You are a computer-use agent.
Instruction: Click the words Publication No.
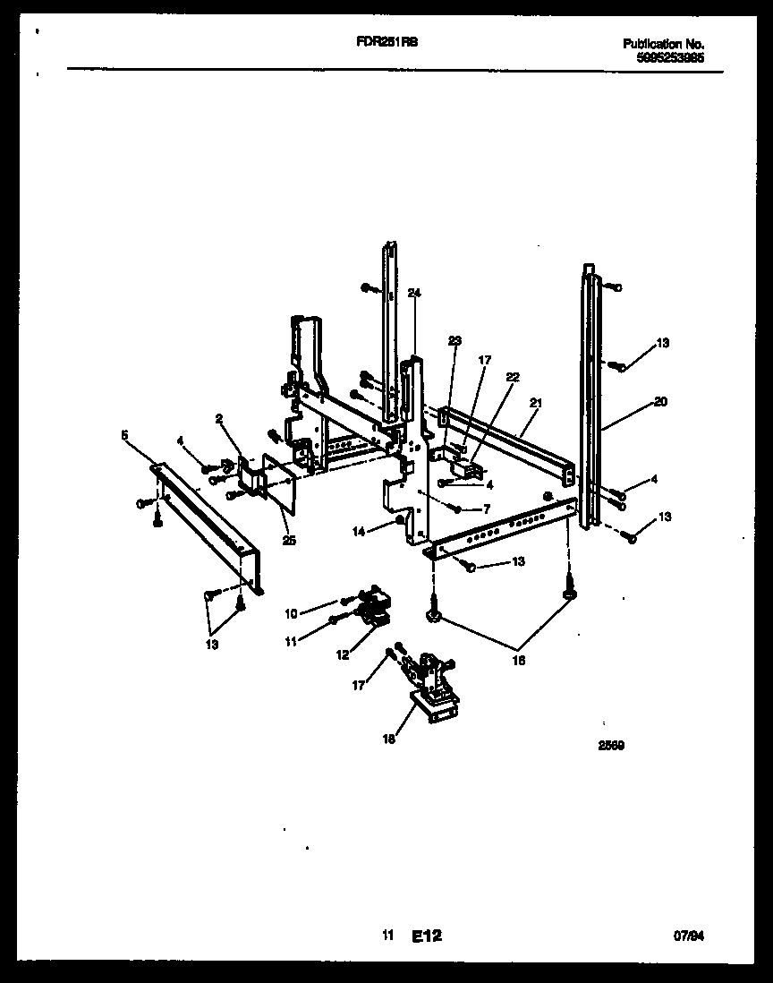pos(663,44)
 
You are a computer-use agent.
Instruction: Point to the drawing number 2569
pos(612,743)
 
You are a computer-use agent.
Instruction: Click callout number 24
pos(413,293)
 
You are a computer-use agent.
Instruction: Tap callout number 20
pos(660,402)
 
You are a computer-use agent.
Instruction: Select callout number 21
pos(536,404)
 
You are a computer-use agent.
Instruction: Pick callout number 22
pos(512,378)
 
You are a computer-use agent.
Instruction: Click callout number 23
pos(454,340)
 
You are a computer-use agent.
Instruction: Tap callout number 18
pos(387,739)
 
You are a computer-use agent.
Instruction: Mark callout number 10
pos(290,613)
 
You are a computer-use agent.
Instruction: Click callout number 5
pos(124,435)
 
